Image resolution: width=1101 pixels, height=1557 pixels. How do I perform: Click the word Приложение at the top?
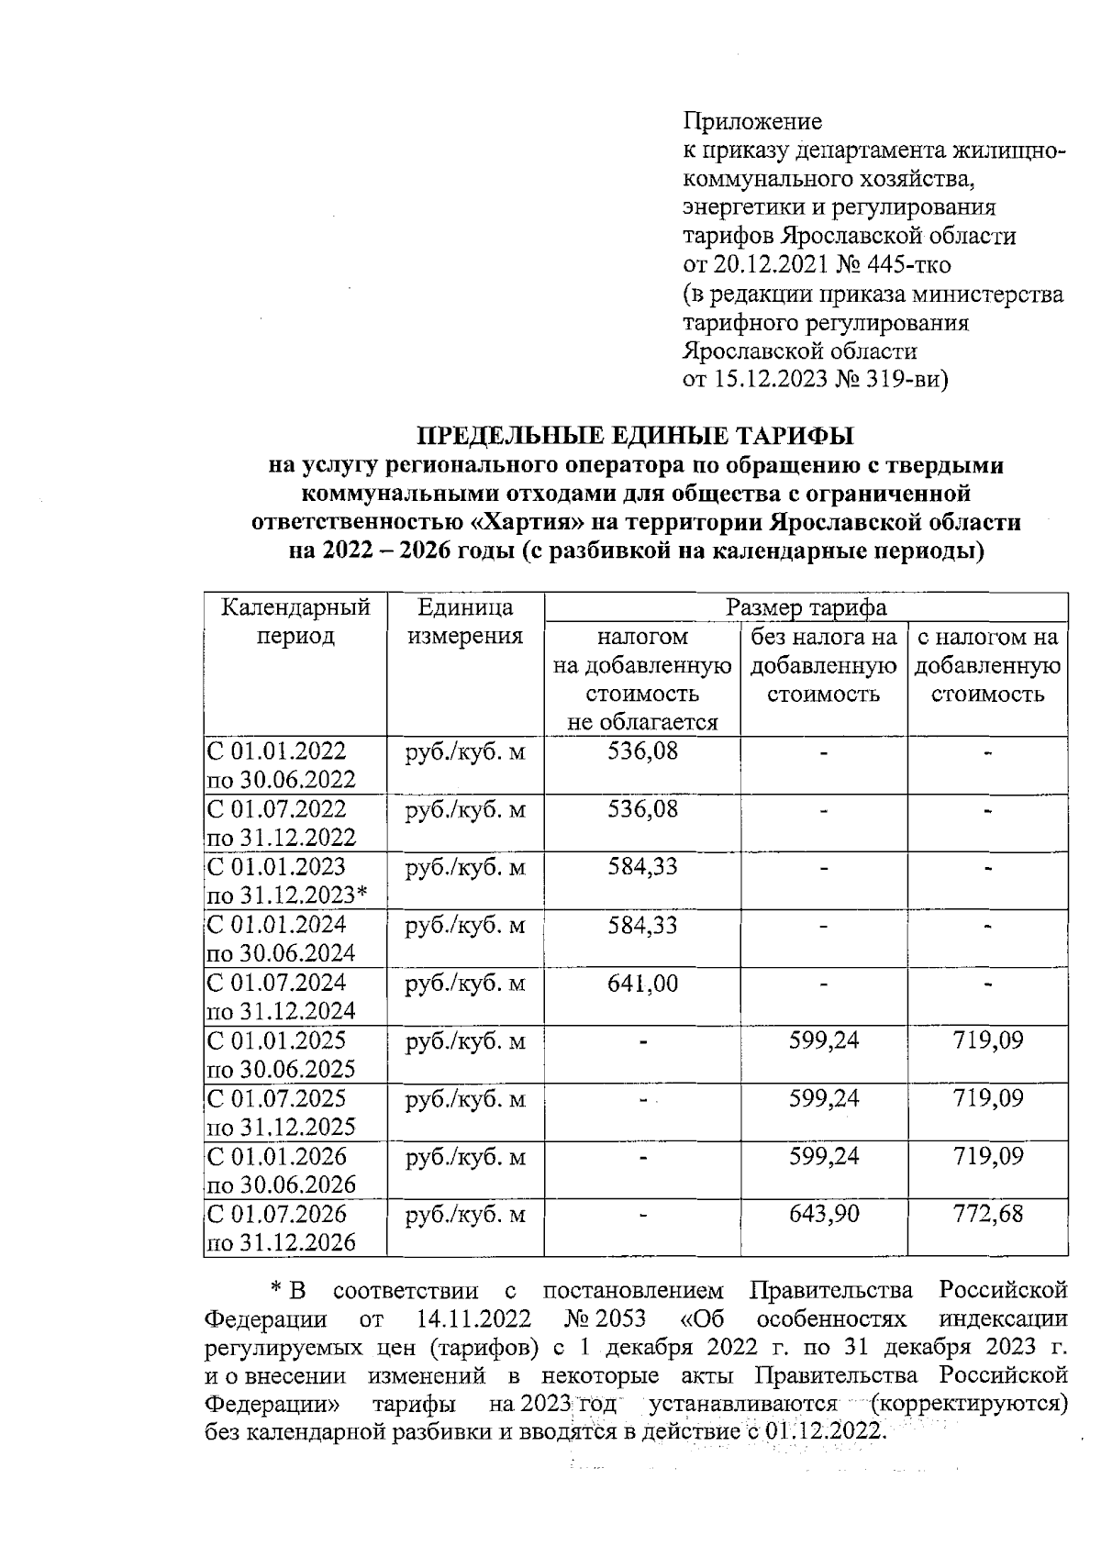click(752, 121)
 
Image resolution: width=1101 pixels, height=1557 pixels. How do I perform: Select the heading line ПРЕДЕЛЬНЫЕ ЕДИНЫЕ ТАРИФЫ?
click(636, 435)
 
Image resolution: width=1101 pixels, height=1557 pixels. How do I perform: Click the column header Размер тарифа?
click(806, 607)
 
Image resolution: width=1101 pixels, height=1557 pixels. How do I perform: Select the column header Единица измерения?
click(464, 621)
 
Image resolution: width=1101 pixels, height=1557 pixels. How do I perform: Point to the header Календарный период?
click(295, 621)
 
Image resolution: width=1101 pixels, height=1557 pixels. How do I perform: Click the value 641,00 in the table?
click(642, 984)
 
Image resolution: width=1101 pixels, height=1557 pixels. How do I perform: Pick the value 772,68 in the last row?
click(987, 1215)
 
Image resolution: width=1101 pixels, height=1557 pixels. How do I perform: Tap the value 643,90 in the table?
click(824, 1215)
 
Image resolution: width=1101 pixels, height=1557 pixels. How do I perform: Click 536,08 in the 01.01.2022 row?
click(642, 751)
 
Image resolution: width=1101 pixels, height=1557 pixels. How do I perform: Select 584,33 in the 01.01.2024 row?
click(642, 925)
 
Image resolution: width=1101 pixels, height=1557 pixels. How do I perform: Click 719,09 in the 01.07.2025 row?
click(987, 1098)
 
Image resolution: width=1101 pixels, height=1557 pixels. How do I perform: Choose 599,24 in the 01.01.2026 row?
click(824, 1156)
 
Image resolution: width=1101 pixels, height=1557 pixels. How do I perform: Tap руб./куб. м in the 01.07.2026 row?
click(465, 1215)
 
